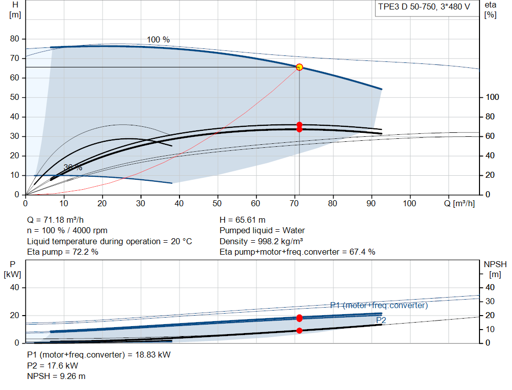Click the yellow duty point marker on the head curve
(x=299, y=67)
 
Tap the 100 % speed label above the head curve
(x=158, y=40)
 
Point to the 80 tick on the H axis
(x=14, y=39)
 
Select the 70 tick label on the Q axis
(x=294, y=203)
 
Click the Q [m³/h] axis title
(x=459, y=203)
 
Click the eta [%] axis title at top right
(x=490, y=10)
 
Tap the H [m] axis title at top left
(x=15, y=10)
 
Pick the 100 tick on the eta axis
(x=492, y=97)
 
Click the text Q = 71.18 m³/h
(x=55, y=220)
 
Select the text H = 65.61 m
(x=242, y=220)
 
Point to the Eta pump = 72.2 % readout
(x=62, y=252)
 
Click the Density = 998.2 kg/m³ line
(x=261, y=241)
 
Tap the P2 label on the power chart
(x=381, y=320)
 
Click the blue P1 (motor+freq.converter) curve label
(x=379, y=305)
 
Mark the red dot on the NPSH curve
(x=299, y=331)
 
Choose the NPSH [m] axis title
(x=495, y=269)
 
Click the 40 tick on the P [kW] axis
(x=14, y=288)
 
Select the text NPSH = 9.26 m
(x=56, y=377)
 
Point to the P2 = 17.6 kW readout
(x=52, y=366)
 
